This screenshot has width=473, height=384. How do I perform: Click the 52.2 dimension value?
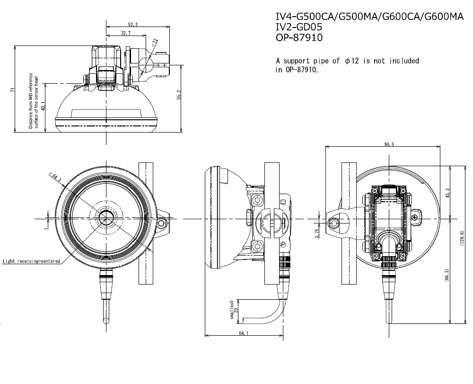click(x=133, y=24)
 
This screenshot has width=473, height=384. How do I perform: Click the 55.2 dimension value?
click(x=178, y=95)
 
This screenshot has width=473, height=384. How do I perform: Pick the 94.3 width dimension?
click(x=390, y=144)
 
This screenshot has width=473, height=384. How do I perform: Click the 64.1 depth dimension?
click(x=244, y=333)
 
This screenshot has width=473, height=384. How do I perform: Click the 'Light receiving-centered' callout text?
click(x=31, y=261)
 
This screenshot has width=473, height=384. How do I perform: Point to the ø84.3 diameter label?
click(x=55, y=177)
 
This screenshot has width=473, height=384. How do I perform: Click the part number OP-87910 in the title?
click(x=299, y=37)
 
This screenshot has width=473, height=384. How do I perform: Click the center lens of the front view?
click(x=105, y=219)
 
